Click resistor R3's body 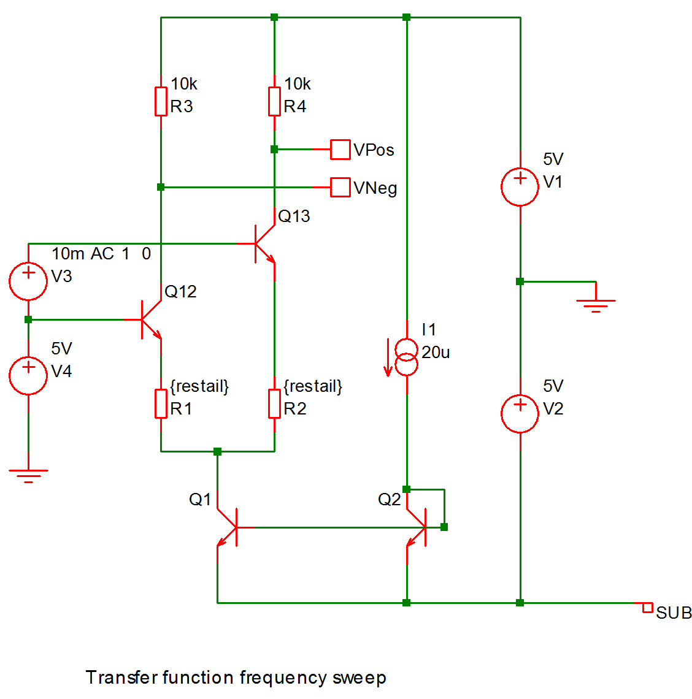pos(161,101)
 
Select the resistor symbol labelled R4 pos(274,101)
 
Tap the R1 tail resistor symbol pos(161,403)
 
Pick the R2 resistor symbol pos(274,403)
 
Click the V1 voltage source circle pos(520,187)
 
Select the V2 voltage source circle pos(520,413)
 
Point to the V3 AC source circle pos(28,281)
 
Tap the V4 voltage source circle pos(28,375)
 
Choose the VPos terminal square pos(340,150)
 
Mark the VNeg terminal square pos(340,187)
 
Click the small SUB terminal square pos(647,608)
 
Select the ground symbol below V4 pos(28,475)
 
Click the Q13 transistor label pos(294,216)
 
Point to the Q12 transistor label pos(180,291)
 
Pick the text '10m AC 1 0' pos(101,254)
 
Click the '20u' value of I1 pos(436,353)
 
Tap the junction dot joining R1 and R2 pos(217,451)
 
